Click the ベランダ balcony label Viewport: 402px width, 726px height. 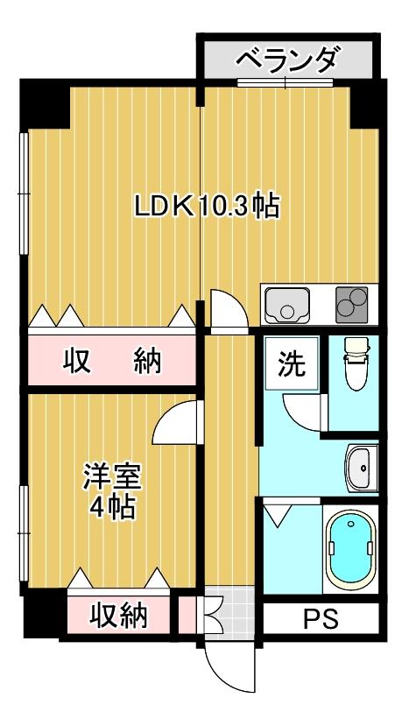click(286, 60)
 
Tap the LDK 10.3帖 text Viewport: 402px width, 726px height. click(207, 206)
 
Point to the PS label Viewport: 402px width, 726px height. click(321, 618)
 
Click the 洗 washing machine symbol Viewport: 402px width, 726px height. click(292, 363)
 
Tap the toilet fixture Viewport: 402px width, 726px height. click(357, 363)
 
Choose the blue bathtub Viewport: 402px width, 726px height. click(350, 550)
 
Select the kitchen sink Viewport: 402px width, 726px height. click(287, 305)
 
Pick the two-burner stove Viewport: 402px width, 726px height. click(352, 305)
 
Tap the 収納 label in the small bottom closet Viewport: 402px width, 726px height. click(118, 616)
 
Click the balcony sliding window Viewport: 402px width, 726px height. click(286, 82)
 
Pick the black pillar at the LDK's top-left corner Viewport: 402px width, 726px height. click(45, 104)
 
